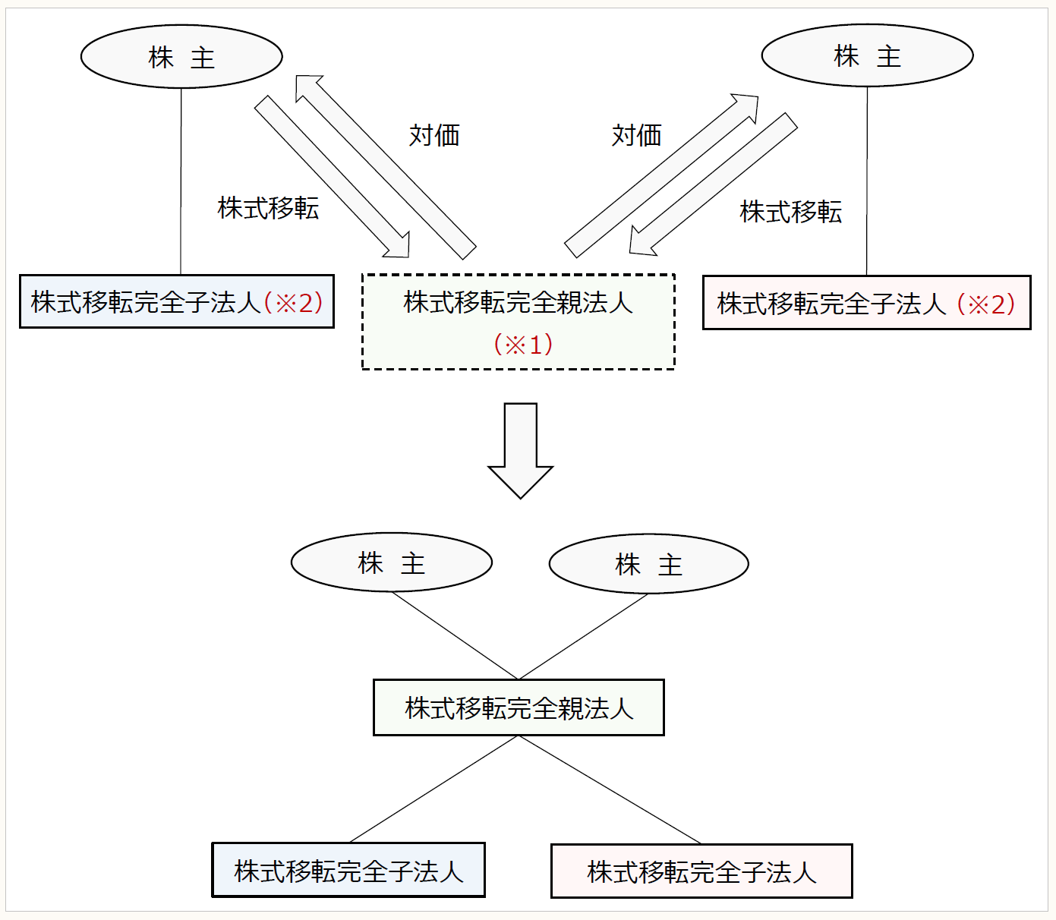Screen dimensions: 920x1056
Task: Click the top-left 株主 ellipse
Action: [181, 57]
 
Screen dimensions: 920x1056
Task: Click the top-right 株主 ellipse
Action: [867, 55]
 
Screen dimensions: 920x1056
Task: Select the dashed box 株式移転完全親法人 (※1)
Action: [519, 322]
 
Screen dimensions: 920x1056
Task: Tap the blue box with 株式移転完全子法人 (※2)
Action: [176, 302]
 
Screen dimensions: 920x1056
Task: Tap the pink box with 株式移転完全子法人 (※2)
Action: [866, 304]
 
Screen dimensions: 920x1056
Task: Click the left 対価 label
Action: [434, 135]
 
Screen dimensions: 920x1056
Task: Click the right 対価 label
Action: [636, 135]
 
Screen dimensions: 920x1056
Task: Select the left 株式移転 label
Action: [268, 208]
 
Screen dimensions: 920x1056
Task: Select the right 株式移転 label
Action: [790, 212]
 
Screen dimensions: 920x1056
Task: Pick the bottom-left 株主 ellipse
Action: [392, 563]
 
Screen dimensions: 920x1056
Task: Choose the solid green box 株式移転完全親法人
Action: [519, 708]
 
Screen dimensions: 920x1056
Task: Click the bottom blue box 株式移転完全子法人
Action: [348, 871]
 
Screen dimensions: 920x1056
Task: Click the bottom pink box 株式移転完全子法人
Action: [701, 871]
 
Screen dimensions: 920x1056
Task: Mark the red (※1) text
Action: [523, 345]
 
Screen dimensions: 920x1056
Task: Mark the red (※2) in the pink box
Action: [986, 304]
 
